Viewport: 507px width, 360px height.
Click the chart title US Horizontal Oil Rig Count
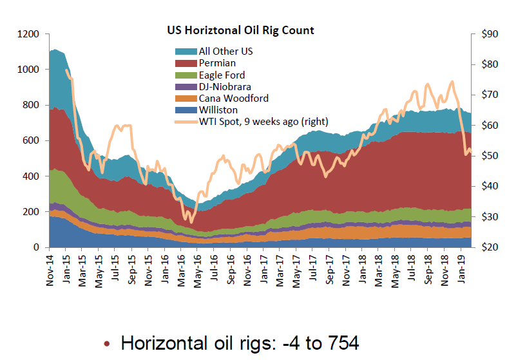[x=240, y=30]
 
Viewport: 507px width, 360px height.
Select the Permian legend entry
[x=217, y=63]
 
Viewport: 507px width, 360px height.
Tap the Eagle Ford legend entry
[x=222, y=75]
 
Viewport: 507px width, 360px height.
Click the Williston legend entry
[x=218, y=109]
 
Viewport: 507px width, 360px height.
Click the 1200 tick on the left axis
[x=30, y=34]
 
